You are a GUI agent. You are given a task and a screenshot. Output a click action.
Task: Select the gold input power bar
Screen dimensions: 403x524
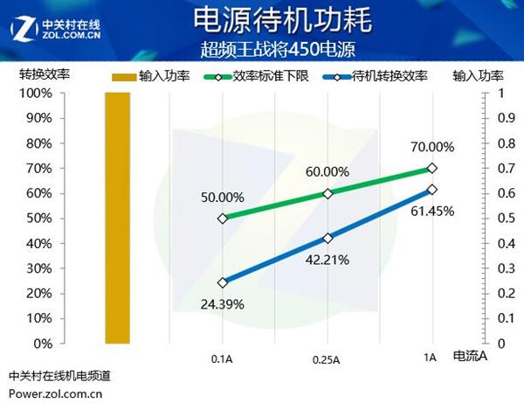[117, 218]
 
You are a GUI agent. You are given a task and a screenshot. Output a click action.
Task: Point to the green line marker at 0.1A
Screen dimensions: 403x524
[223, 219]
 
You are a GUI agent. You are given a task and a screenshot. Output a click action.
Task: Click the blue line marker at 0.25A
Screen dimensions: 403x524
[327, 238]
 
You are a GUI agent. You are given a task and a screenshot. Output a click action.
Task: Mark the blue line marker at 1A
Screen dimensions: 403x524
[431, 190]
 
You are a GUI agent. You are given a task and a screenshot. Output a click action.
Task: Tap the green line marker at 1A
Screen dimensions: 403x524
[431, 168]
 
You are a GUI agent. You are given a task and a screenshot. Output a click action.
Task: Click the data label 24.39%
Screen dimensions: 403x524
[222, 304]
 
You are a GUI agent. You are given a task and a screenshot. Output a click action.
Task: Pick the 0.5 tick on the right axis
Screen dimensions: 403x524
[501, 218]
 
